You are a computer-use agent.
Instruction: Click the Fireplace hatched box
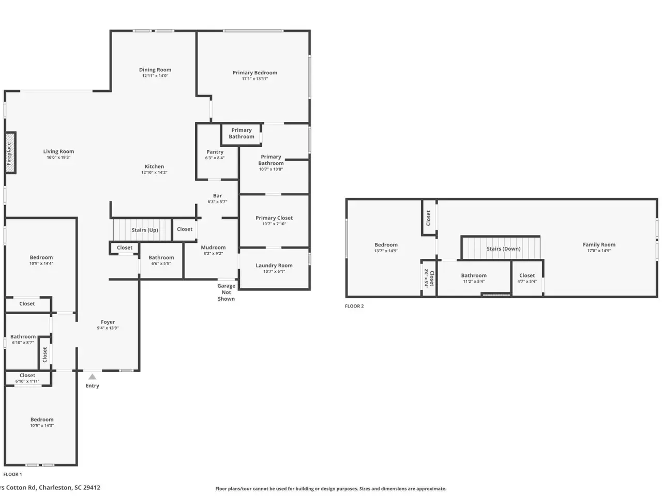(x=10, y=153)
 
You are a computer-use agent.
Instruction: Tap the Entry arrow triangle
(x=92, y=377)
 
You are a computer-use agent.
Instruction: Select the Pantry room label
(x=215, y=152)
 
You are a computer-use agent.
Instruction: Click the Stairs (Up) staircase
(x=142, y=230)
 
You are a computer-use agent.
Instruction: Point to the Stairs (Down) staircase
(x=501, y=248)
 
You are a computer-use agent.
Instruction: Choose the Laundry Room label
(x=274, y=266)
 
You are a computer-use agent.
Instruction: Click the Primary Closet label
(x=274, y=218)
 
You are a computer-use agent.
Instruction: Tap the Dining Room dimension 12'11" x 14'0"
(x=155, y=75)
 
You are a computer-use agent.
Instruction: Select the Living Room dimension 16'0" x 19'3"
(x=58, y=157)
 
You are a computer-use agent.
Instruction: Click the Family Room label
(x=599, y=244)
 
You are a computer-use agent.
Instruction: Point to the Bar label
(x=217, y=195)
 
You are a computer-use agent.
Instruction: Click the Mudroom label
(x=213, y=247)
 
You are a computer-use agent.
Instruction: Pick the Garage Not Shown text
(x=226, y=292)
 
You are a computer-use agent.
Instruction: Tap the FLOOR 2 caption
(x=354, y=306)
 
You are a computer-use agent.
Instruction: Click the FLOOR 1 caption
(x=12, y=474)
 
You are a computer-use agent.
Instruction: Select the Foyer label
(x=108, y=322)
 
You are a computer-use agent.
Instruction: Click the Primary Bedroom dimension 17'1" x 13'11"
(x=255, y=79)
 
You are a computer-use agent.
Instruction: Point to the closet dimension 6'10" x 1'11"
(x=27, y=381)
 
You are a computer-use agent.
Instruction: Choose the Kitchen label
(x=154, y=166)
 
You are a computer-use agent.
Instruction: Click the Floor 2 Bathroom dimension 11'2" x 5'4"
(x=474, y=281)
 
